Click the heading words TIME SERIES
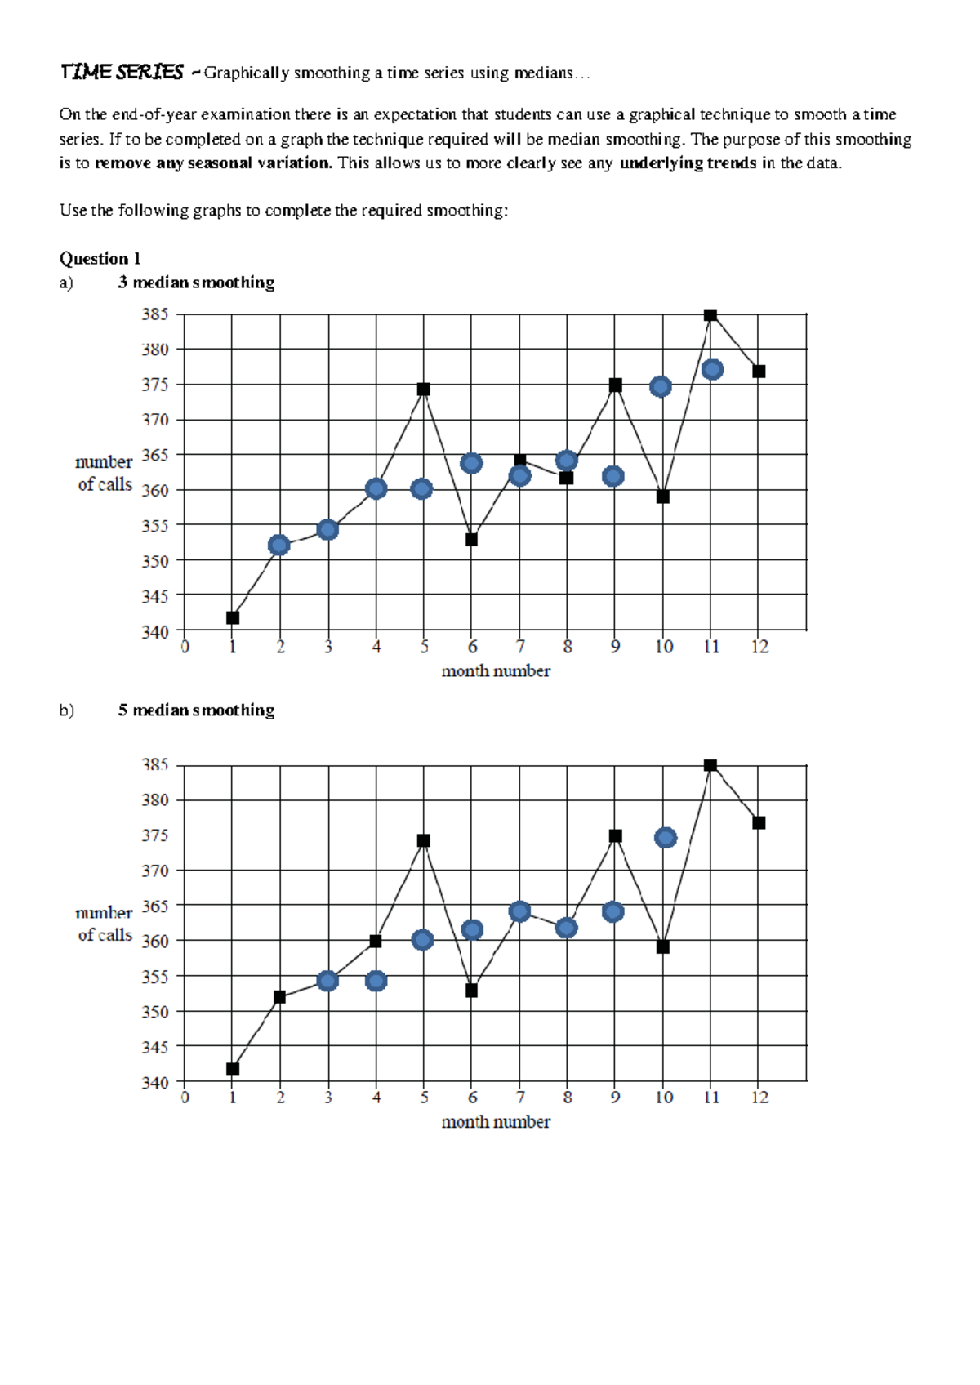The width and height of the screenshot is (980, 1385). (122, 73)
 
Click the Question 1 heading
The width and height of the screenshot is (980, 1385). (100, 259)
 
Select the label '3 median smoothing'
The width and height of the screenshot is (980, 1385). (196, 283)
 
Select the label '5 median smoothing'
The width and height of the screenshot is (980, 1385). (196, 710)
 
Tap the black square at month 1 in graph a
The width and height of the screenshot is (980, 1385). (233, 618)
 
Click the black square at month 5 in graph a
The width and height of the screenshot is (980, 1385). (423, 390)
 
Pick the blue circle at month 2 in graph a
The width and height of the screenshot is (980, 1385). (279, 546)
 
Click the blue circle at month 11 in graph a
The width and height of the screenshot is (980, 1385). (712, 370)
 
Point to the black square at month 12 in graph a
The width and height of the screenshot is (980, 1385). (759, 372)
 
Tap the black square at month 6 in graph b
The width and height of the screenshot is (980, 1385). (471, 991)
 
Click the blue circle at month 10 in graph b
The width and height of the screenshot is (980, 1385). (666, 838)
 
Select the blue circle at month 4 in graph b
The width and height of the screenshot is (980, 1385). (376, 981)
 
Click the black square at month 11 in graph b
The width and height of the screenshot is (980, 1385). (710, 766)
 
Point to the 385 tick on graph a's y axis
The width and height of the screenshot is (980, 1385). (155, 314)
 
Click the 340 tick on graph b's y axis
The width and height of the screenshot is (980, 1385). (155, 1083)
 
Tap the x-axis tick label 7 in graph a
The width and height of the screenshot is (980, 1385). (520, 648)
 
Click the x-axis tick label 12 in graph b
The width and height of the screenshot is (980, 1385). (759, 1098)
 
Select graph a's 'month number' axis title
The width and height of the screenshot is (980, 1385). (496, 671)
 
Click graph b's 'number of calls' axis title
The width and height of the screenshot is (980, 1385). (105, 924)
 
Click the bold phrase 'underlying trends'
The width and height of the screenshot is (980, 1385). (688, 163)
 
